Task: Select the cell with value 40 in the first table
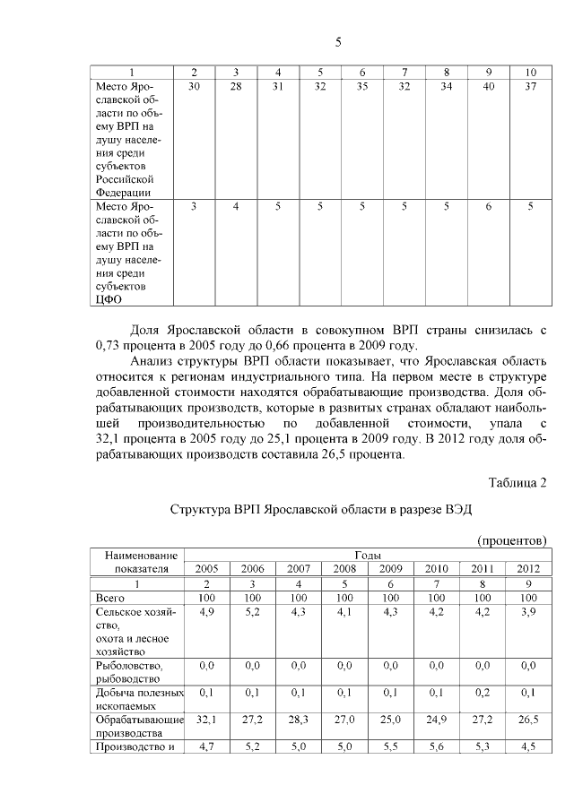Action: point(488,86)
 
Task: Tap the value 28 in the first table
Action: point(236,86)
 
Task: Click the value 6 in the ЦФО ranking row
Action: point(488,206)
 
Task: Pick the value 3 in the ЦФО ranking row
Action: point(195,206)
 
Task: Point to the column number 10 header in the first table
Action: point(530,72)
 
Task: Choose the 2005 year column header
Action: point(206,569)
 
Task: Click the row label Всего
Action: point(110,597)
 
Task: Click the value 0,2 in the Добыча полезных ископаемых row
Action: point(483,692)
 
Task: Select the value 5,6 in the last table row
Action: point(437,746)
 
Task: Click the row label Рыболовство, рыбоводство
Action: point(127,671)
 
